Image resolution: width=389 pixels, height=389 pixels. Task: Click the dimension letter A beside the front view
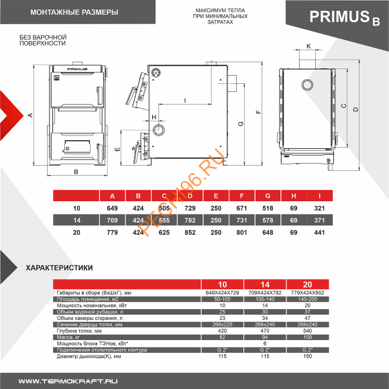tap(30, 115)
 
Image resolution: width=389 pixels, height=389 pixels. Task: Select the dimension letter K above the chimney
tap(308, 46)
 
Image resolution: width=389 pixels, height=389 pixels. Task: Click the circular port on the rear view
tap(307, 85)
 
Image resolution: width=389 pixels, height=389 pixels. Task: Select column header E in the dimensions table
tap(215, 196)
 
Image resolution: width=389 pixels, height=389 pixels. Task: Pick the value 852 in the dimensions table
tap(190, 232)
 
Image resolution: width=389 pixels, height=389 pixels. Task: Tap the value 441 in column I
tap(320, 232)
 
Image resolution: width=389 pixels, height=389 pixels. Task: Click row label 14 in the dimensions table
tap(76, 220)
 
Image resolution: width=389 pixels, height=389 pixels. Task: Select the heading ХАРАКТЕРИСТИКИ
tap(59, 268)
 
